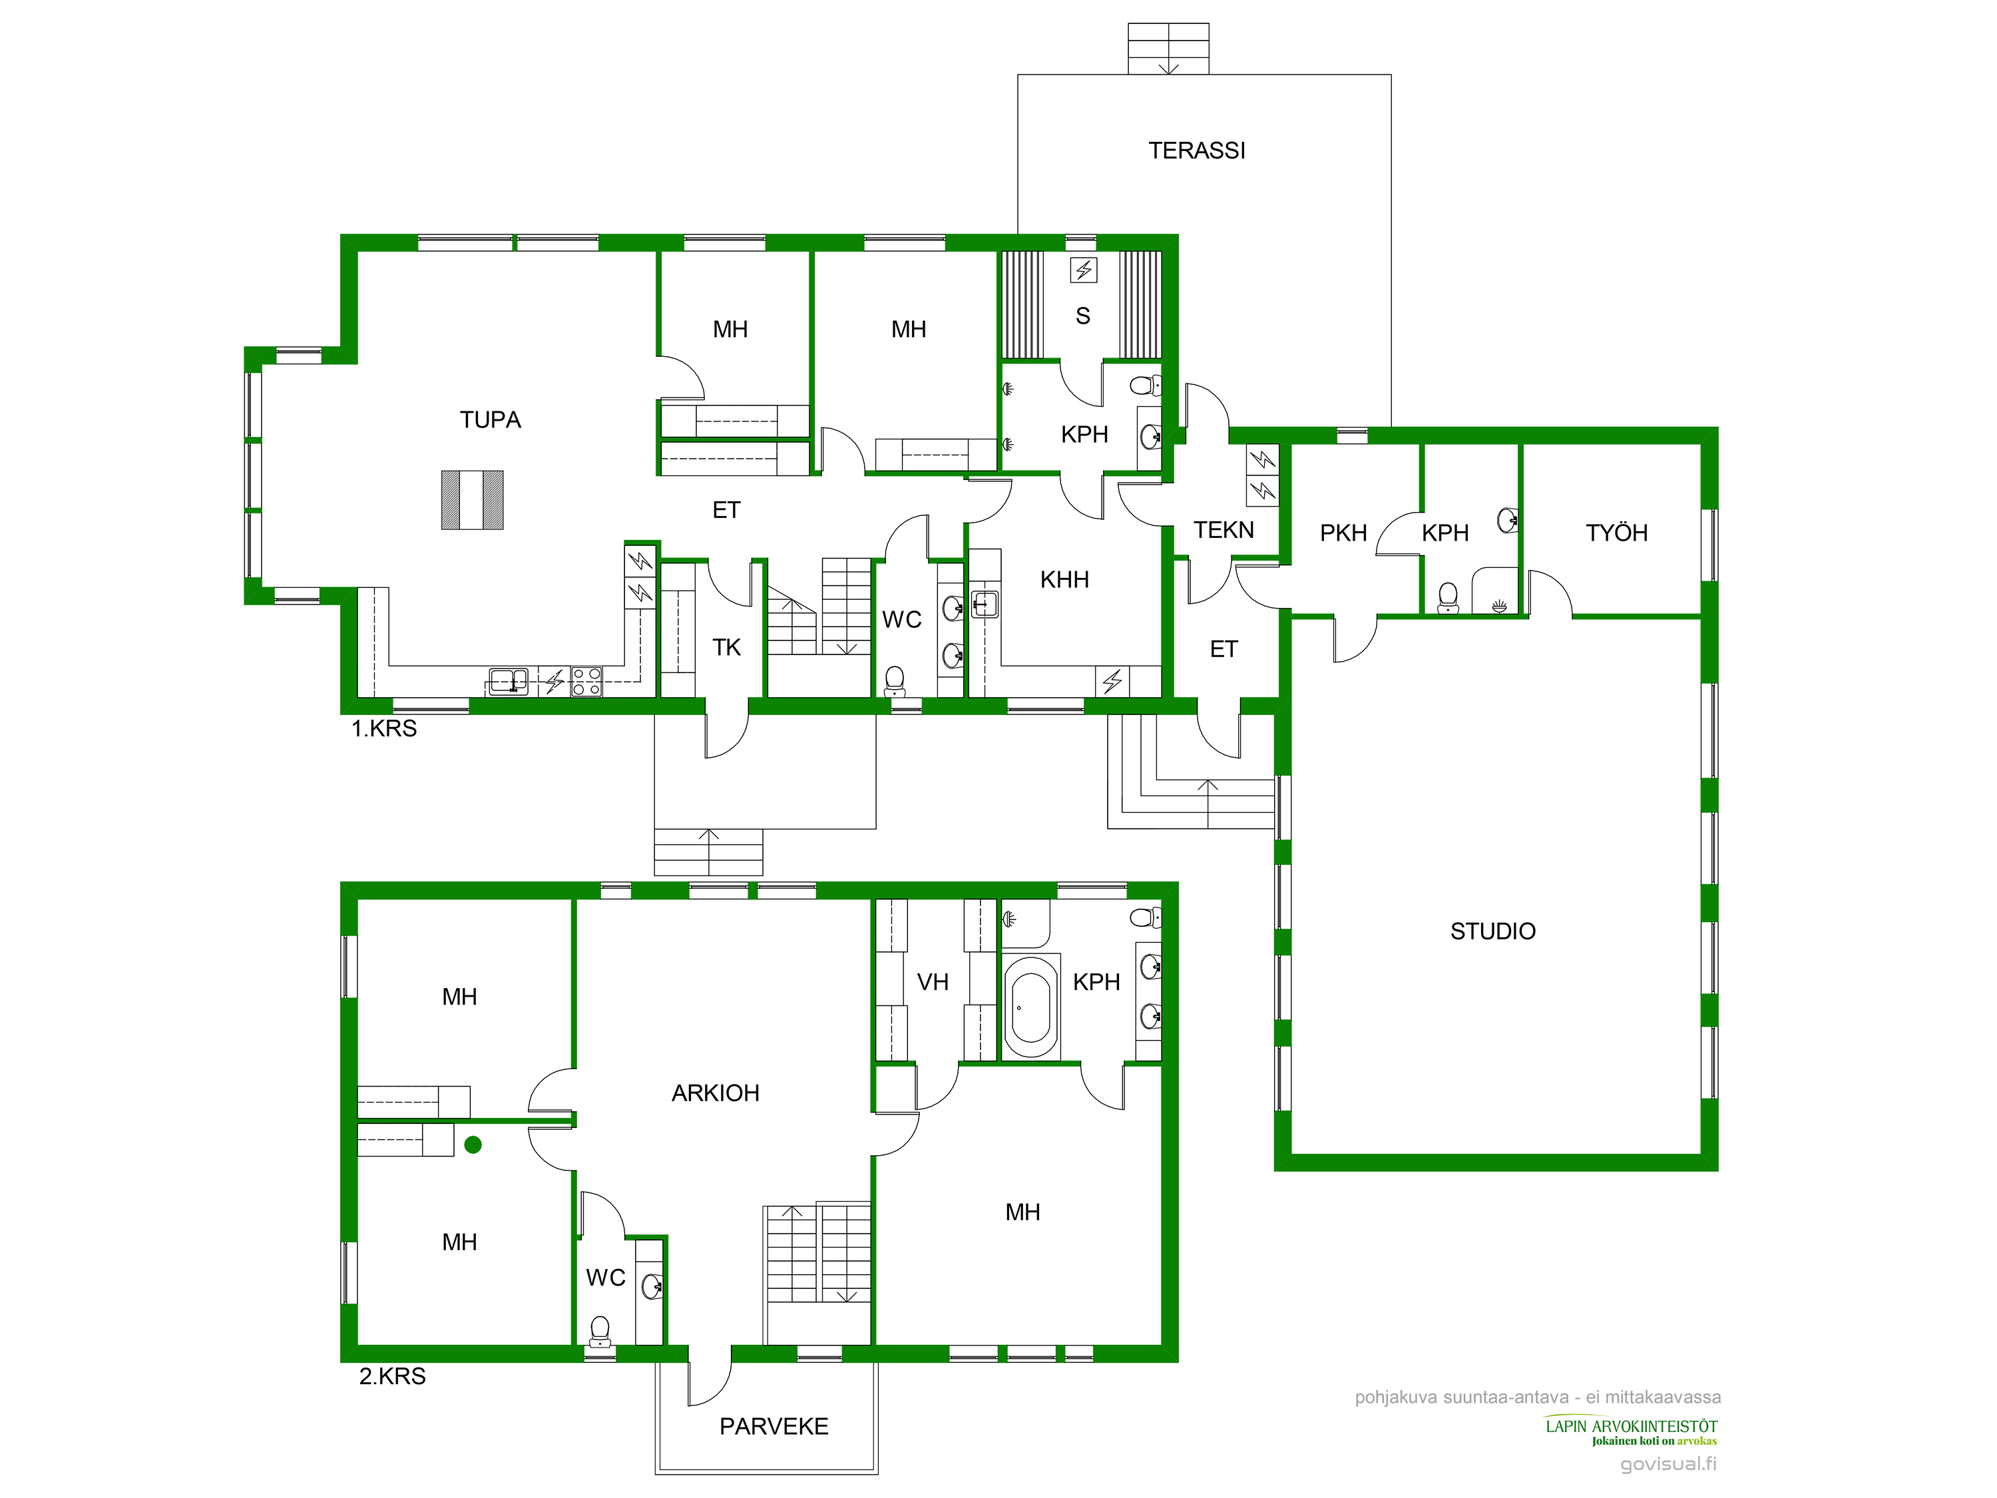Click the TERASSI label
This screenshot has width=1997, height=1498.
(x=1196, y=150)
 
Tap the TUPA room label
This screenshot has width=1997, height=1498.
(x=490, y=420)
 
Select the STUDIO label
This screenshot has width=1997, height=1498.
(x=1492, y=931)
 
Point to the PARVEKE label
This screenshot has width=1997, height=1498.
(x=774, y=1426)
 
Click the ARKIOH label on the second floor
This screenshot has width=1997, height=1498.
(x=715, y=1093)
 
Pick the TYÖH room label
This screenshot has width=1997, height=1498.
(x=1616, y=533)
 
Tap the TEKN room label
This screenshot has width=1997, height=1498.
(x=1223, y=530)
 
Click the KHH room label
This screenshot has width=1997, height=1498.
(x=1064, y=580)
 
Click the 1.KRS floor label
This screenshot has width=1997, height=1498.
(x=383, y=728)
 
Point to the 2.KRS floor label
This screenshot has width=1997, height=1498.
(x=392, y=1376)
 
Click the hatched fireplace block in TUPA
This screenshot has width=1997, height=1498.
(x=472, y=499)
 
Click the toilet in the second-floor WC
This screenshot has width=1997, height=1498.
(x=600, y=1332)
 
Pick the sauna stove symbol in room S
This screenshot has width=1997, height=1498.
(x=1083, y=269)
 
